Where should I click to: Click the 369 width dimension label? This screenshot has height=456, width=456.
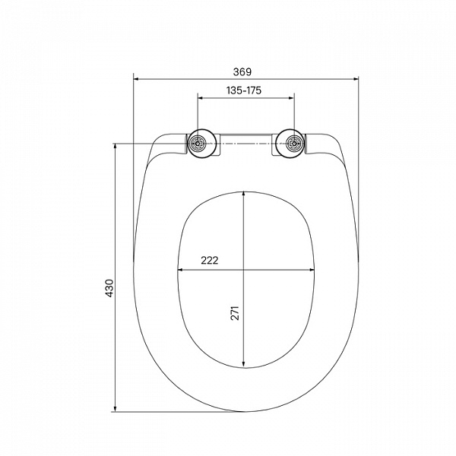(x=242, y=72)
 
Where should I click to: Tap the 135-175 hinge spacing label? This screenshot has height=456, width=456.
(x=244, y=90)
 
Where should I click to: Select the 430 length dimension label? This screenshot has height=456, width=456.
(x=109, y=288)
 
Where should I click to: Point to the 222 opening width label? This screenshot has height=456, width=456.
(x=210, y=260)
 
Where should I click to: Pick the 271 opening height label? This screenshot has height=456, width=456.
(x=235, y=313)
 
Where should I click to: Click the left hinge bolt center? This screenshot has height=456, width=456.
(x=198, y=144)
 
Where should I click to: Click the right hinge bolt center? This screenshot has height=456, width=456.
(x=294, y=144)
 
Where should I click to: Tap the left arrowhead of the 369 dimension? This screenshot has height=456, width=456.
(x=136, y=78)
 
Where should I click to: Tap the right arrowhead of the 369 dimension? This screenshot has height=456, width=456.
(x=356, y=78)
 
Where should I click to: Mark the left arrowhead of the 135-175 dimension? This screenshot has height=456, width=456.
(x=201, y=98)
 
